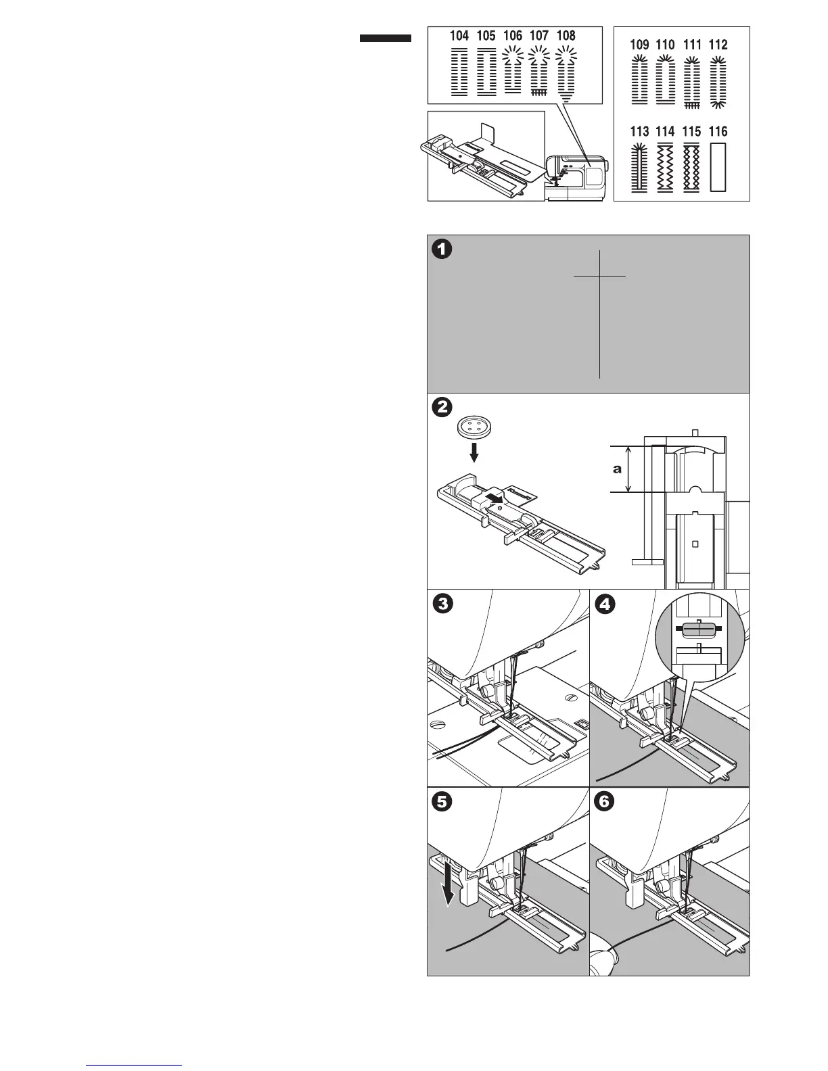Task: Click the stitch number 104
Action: coord(459,36)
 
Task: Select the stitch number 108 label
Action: coord(566,36)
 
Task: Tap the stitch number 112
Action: coord(718,45)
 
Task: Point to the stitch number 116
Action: coord(718,132)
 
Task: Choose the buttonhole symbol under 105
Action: coord(486,72)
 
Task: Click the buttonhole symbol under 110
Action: coord(666,81)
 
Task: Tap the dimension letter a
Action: coord(617,469)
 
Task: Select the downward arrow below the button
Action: coord(475,452)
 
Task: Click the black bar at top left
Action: coord(385,39)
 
